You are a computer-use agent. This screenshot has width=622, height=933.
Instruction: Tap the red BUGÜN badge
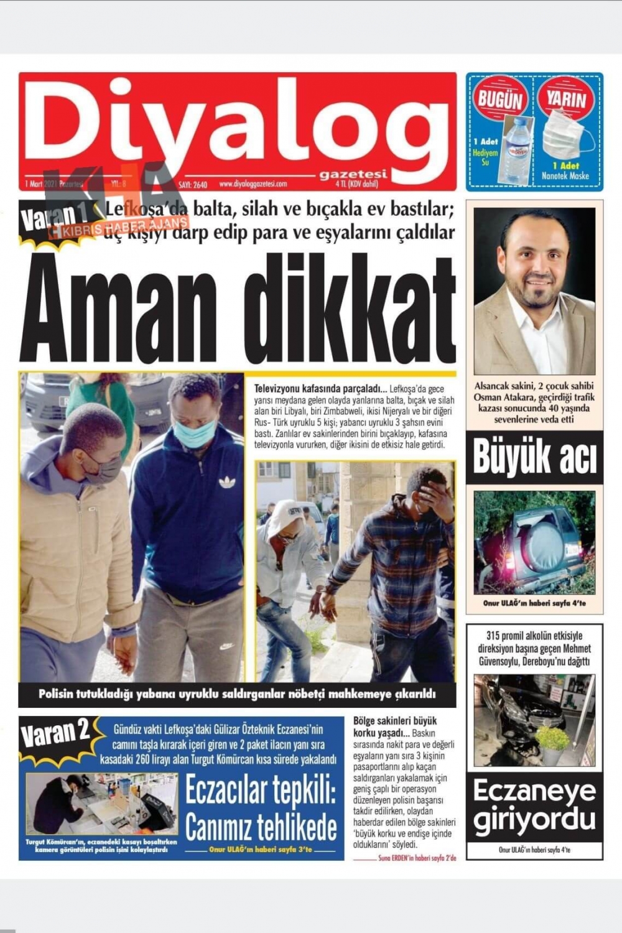point(501,99)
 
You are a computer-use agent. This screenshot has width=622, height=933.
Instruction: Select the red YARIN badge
point(567,99)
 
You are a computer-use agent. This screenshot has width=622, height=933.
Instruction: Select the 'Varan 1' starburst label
point(56,218)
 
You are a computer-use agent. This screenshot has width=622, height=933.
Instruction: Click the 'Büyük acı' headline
point(534,457)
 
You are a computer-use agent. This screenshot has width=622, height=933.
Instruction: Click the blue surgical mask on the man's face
point(195,432)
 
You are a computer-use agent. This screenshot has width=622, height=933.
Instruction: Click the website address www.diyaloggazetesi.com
point(253,184)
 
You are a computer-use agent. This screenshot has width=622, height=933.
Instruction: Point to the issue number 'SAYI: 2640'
point(193,185)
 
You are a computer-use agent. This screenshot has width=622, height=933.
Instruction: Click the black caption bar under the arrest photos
point(237,694)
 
